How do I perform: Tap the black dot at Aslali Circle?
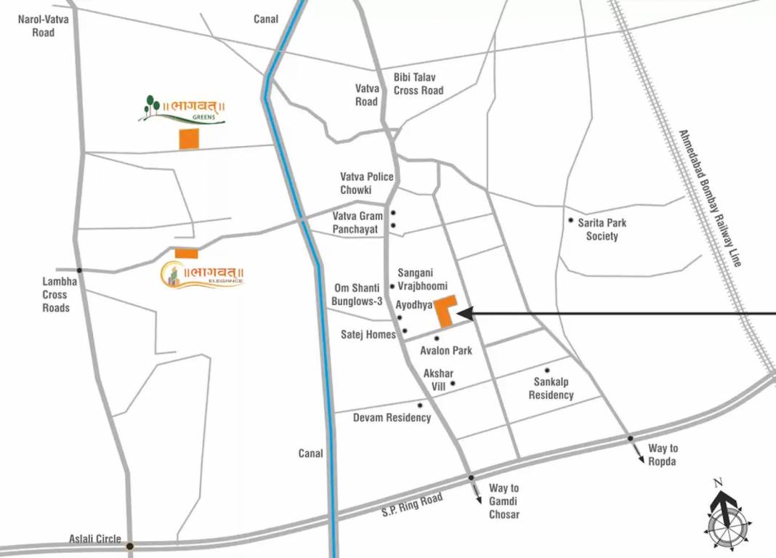[x=129, y=546]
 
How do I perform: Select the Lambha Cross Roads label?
[x=54, y=294]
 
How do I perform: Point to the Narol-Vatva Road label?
[x=44, y=25]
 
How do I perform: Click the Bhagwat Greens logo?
[x=182, y=110]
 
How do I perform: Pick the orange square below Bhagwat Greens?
[x=189, y=139]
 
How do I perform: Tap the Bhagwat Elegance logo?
[x=203, y=274]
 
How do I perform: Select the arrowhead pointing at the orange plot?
[x=465, y=314]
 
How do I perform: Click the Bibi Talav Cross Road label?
[x=419, y=84]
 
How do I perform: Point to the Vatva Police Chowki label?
[x=367, y=183]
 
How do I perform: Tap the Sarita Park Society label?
[x=602, y=229]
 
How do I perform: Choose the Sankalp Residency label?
[x=551, y=389]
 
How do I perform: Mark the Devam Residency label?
[x=392, y=418]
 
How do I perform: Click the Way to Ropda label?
[x=663, y=455]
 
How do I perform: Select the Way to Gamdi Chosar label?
[x=504, y=501]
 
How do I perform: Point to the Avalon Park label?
[x=446, y=351]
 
